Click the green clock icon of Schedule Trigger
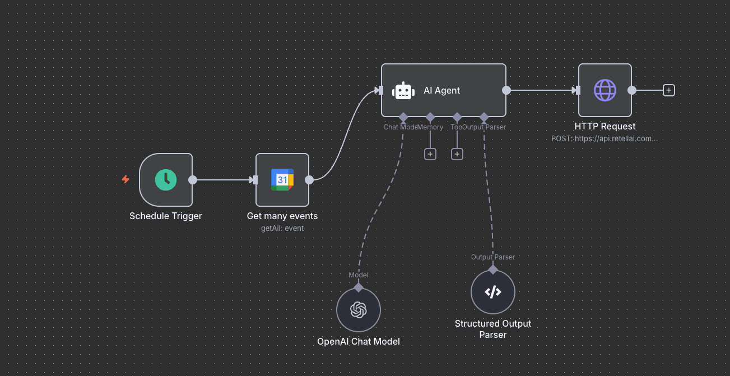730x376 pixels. tap(166, 180)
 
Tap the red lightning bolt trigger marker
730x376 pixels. tap(125, 179)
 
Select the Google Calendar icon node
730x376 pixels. tap(282, 180)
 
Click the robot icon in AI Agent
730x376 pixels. tap(403, 91)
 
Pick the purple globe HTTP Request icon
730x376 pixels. tap(605, 90)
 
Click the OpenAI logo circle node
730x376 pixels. tap(359, 310)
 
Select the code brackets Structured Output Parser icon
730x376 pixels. tap(493, 292)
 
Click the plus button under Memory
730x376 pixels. tap(430, 154)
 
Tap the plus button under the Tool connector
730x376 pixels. tap(457, 154)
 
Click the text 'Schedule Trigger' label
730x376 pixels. tap(166, 216)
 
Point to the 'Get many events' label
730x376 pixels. tap(282, 216)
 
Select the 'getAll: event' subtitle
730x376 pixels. tap(282, 229)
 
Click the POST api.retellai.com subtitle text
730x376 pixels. tap(605, 138)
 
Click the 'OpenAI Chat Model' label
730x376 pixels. tap(359, 341)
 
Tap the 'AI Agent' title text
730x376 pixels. tap(441, 91)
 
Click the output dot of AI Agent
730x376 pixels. tap(506, 90)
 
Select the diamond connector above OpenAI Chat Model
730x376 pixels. tap(359, 287)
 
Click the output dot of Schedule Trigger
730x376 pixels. tap(193, 180)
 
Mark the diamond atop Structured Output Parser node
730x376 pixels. tap(493, 269)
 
